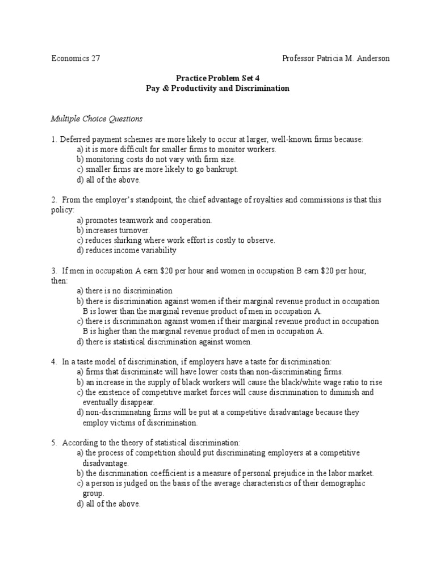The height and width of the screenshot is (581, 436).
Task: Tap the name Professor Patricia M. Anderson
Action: (x=336, y=58)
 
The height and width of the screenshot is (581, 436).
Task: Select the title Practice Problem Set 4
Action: (x=218, y=78)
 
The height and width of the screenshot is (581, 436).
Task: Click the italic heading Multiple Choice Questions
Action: (x=97, y=119)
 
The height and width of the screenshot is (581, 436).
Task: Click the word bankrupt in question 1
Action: (x=222, y=170)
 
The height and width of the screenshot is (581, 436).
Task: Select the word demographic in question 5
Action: (x=343, y=483)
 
